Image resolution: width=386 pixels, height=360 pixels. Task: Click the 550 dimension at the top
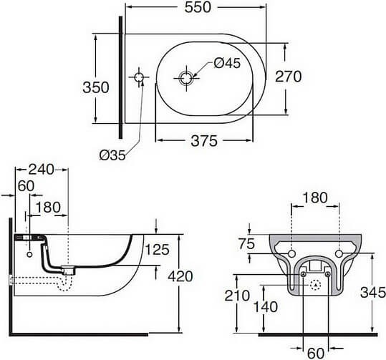(x=198, y=7)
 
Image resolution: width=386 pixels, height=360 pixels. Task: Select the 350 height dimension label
(x=96, y=87)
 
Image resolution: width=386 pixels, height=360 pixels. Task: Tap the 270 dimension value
(x=288, y=77)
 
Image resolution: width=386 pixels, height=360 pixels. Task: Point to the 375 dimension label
(x=204, y=141)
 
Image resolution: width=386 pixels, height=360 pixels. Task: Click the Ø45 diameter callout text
(x=227, y=63)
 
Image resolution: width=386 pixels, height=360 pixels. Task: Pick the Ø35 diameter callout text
(x=112, y=155)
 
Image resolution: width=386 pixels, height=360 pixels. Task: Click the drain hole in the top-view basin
(x=186, y=79)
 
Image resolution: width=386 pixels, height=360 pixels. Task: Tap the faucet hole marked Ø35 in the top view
(x=139, y=77)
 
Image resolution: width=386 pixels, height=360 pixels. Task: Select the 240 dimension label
(x=41, y=170)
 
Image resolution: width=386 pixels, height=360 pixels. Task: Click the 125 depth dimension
(x=158, y=249)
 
